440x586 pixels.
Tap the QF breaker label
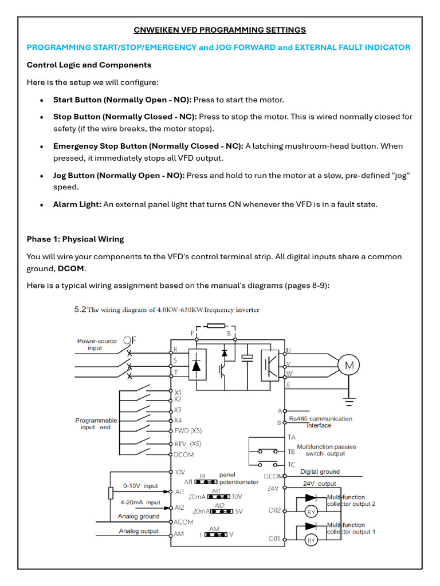pos(129,340)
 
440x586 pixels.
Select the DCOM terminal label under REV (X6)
pos(183,455)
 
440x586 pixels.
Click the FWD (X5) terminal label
pos(188,431)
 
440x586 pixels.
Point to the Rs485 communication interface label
pos(320,422)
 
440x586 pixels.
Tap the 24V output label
pos(319,484)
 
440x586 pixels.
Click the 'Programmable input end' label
pos(96,423)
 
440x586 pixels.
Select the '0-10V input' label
pos(140,486)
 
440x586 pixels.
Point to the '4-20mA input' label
pos(140,502)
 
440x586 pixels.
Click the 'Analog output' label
pos(139,531)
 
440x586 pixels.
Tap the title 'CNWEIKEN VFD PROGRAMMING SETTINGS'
pos(220,30)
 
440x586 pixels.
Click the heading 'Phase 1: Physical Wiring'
pos(75,239)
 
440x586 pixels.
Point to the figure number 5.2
pos(80,310)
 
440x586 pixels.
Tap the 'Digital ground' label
pos(320,472)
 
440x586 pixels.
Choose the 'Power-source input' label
pos(97,344)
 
